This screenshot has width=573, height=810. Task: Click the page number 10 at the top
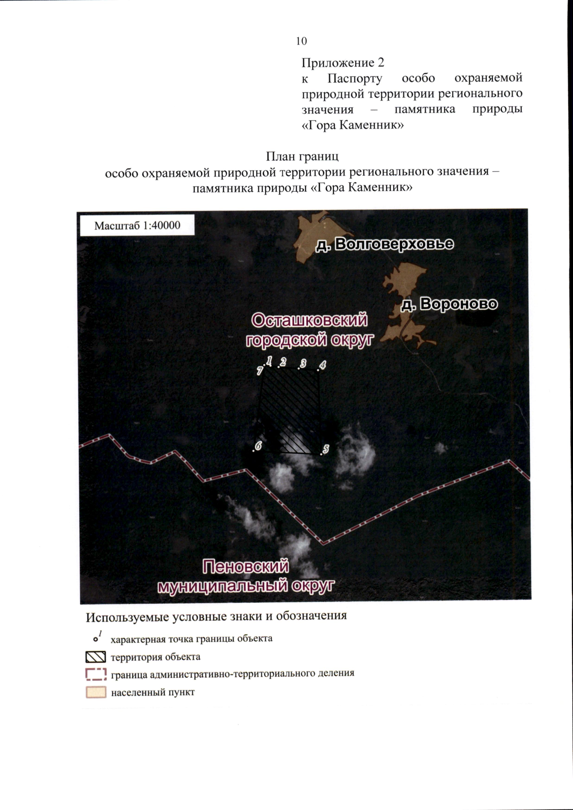coord(301,42)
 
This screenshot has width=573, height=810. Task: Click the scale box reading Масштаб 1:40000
coord(137,225)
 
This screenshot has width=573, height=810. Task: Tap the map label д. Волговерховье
coord(385,244)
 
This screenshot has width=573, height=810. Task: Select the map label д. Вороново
coord(449,304)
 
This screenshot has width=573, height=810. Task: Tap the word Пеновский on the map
coord(245,567)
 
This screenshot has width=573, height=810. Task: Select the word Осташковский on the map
coord(309,320)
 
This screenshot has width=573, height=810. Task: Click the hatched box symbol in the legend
coord(95,657)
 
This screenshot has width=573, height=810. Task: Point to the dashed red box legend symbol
coord(95,674)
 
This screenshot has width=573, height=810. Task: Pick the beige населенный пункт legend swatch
coord(95,692)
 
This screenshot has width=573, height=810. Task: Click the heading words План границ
coord(302,156)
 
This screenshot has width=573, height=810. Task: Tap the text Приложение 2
coord(342,63)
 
